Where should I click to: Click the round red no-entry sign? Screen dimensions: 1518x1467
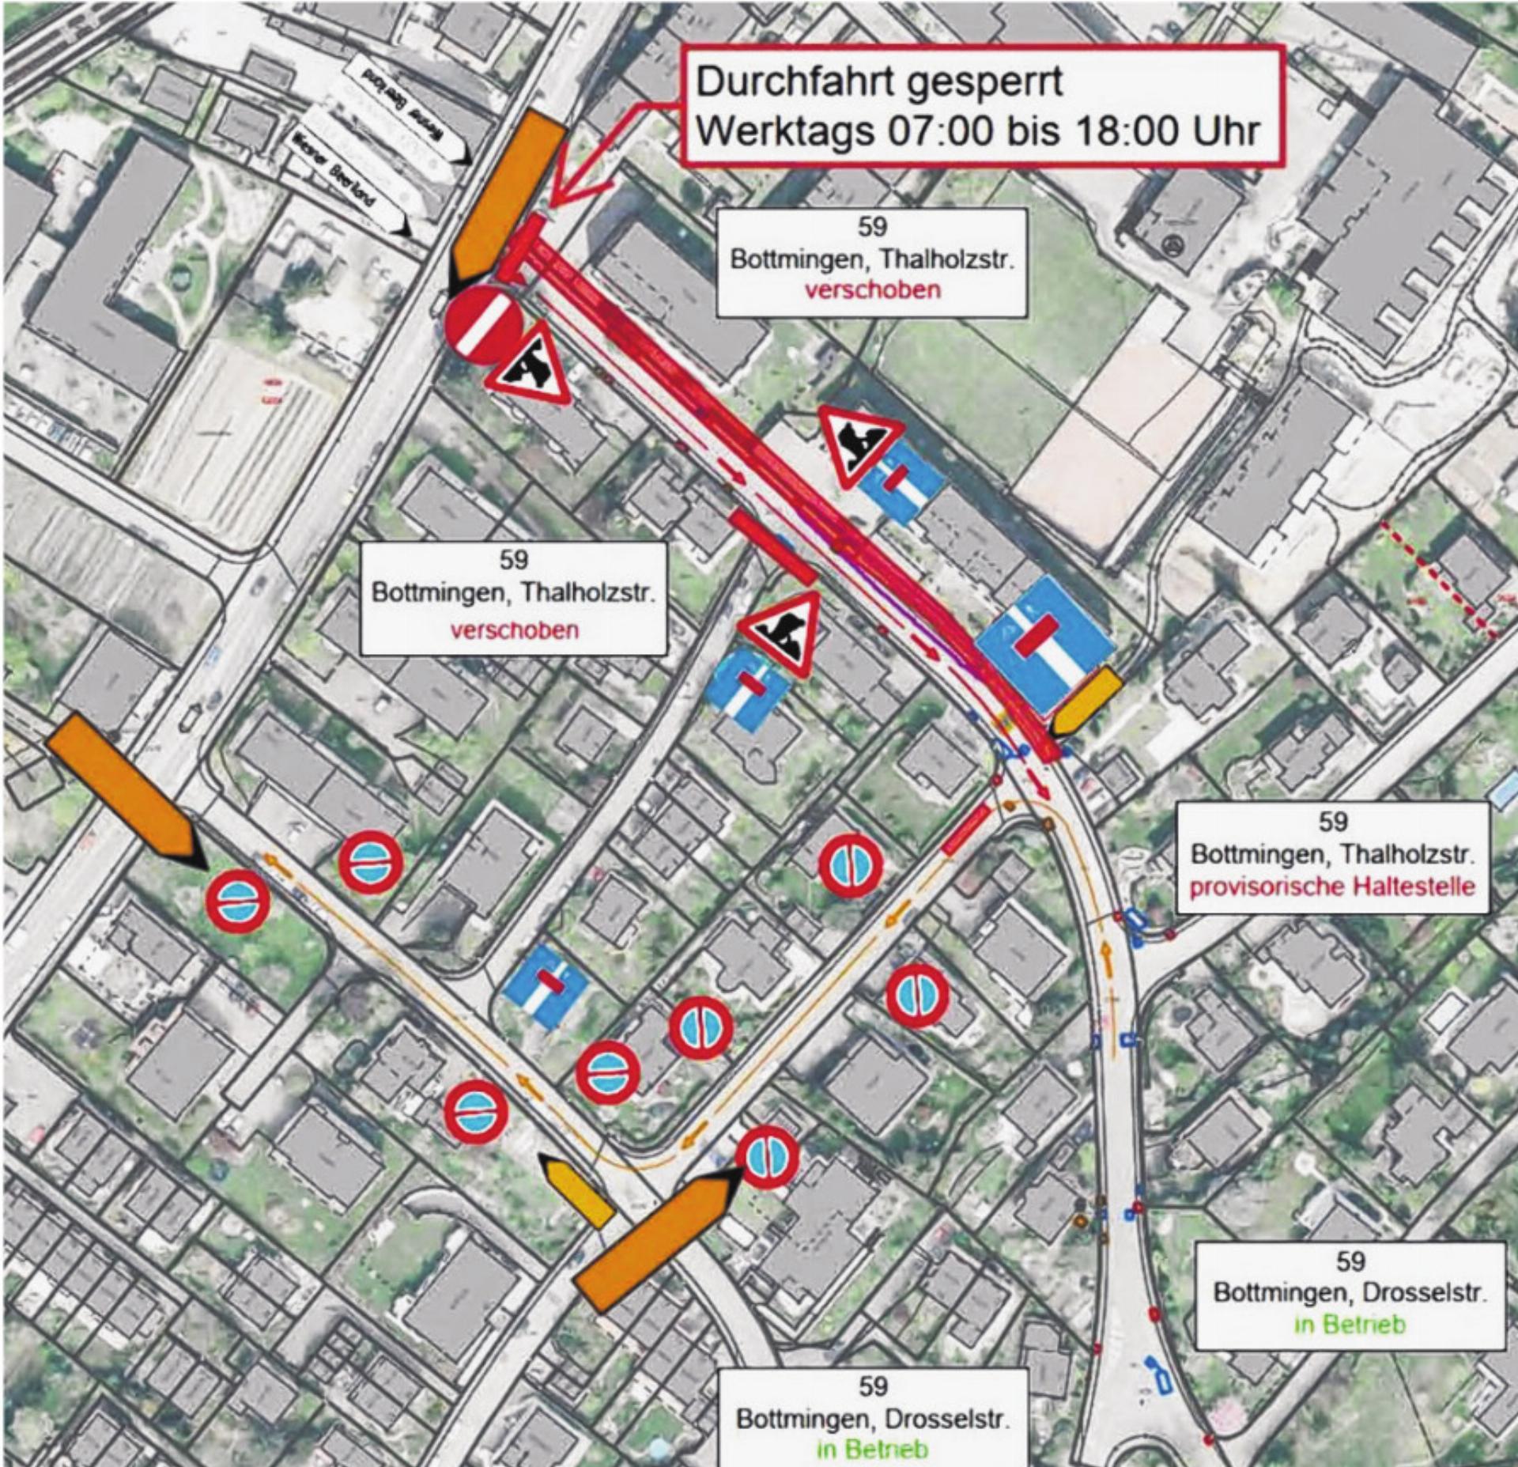[x=483, y=325]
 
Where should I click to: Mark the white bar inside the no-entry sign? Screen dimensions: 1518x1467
[x=483, y=325]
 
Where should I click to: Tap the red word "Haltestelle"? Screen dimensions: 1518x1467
[x=1423, y=887]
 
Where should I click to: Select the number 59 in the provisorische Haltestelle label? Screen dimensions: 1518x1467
[x=1332, y=822]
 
